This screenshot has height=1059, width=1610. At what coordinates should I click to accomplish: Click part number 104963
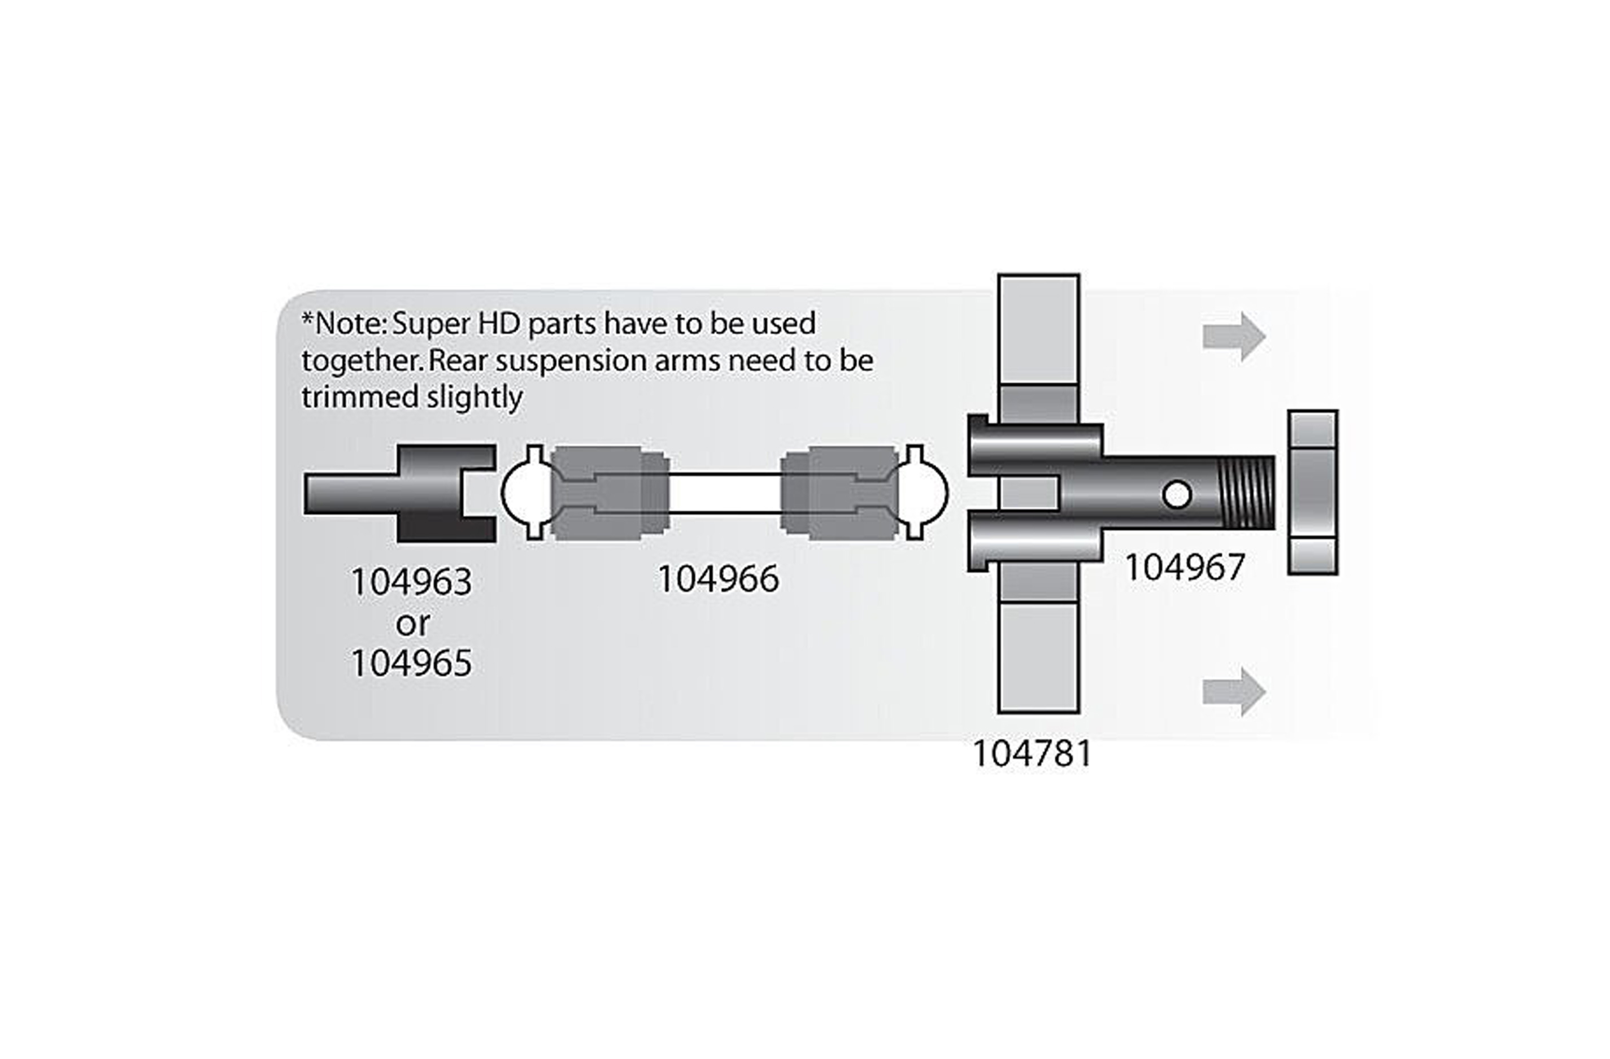coord(411,582)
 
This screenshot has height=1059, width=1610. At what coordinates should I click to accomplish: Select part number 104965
coord(411,664)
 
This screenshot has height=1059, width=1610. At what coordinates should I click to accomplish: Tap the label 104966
coord(718,579)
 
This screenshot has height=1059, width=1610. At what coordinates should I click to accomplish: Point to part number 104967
coord(1184,568)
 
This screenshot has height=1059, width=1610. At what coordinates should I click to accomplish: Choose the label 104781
coord(1032,753)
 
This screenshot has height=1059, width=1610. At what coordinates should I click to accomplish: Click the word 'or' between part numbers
coord(412,624)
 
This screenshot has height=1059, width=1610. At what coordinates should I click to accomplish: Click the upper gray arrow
coord(1233,336)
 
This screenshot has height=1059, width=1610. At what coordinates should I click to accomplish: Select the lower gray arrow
coord(1233,691)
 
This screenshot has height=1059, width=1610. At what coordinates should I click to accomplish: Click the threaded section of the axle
coord(1247,493)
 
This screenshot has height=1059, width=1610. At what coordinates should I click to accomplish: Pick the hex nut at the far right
coord(1312,493)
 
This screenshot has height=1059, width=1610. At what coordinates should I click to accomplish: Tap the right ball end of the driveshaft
coord(928,493)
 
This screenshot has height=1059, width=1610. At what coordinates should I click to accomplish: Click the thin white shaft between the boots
coord(724,493)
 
